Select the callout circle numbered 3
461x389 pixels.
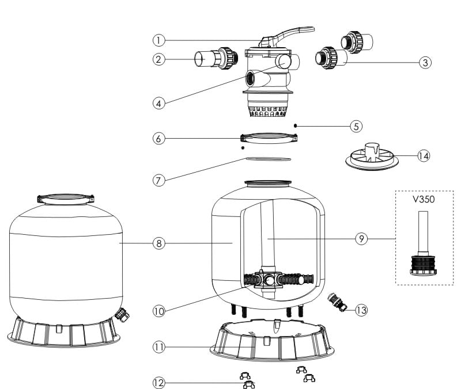(425, 62)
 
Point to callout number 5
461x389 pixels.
(357, 125)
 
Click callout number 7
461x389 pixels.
(159, 180)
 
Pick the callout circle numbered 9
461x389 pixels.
(361, 238)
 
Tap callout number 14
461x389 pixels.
(424, 156)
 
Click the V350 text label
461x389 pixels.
(423, 201)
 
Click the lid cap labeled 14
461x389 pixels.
(369, 155)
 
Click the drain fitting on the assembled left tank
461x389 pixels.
(121, 314)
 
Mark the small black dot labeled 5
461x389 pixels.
(295, 125)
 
